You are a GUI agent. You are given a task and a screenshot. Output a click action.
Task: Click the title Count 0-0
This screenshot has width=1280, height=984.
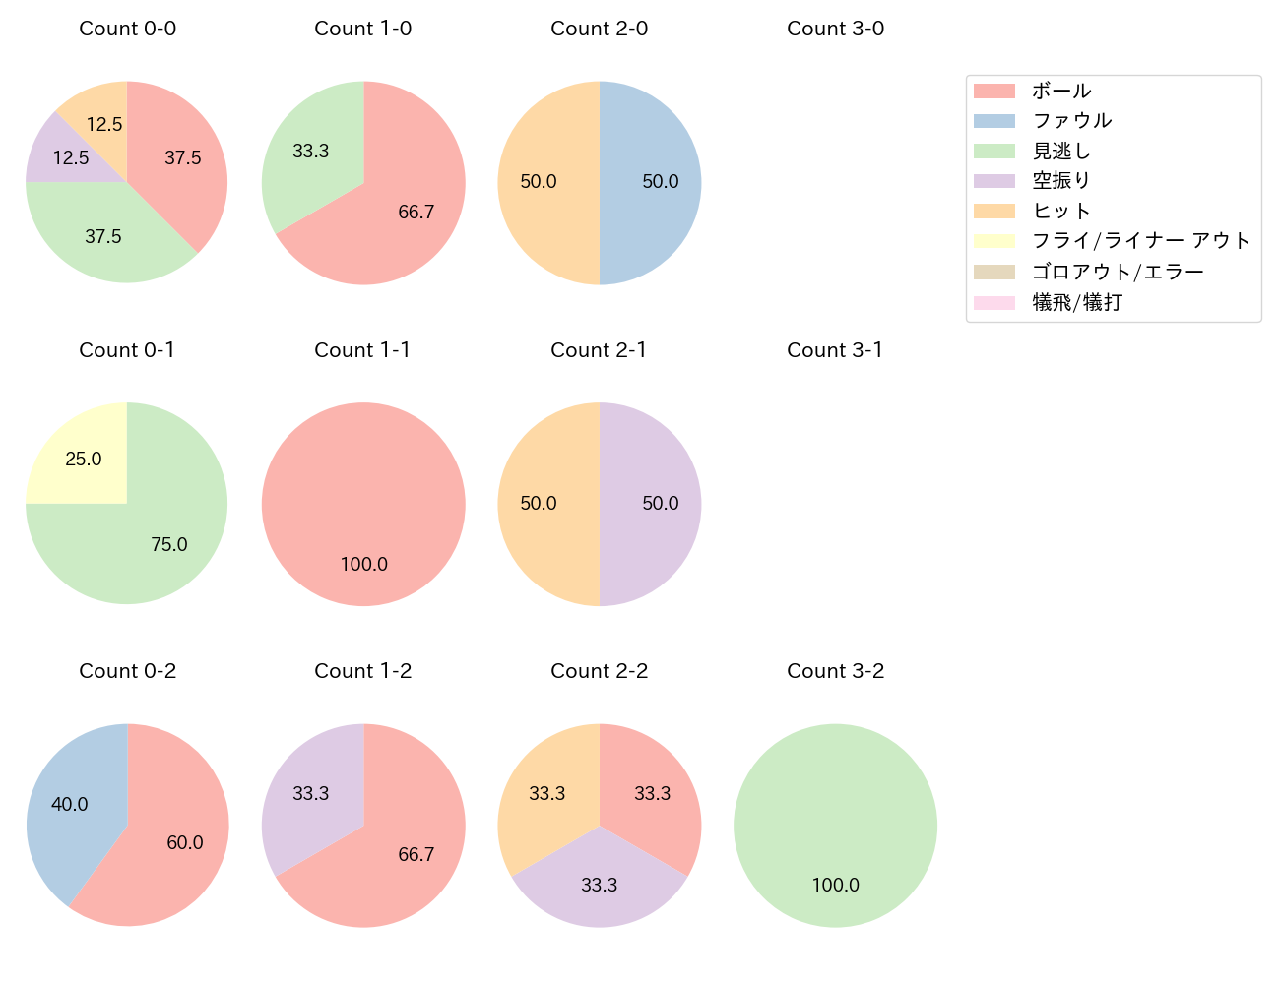pyautogui.click(x=127, y=29)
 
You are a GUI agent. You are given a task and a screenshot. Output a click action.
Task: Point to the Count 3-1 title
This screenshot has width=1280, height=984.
pyautogui.click(x=835, y=350)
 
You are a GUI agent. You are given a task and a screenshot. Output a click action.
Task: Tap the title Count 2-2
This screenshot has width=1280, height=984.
pyautogui.click(x=599, y=671)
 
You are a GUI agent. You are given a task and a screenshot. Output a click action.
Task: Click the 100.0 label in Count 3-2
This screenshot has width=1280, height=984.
pyautogui.click(x=835, y=886)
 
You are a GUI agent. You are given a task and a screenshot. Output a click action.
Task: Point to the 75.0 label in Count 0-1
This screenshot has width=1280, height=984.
pyautogui.click(x=169, y=545)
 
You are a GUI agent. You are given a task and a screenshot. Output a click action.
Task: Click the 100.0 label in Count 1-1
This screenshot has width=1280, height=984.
pyautogui.click(x=363, y=565)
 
